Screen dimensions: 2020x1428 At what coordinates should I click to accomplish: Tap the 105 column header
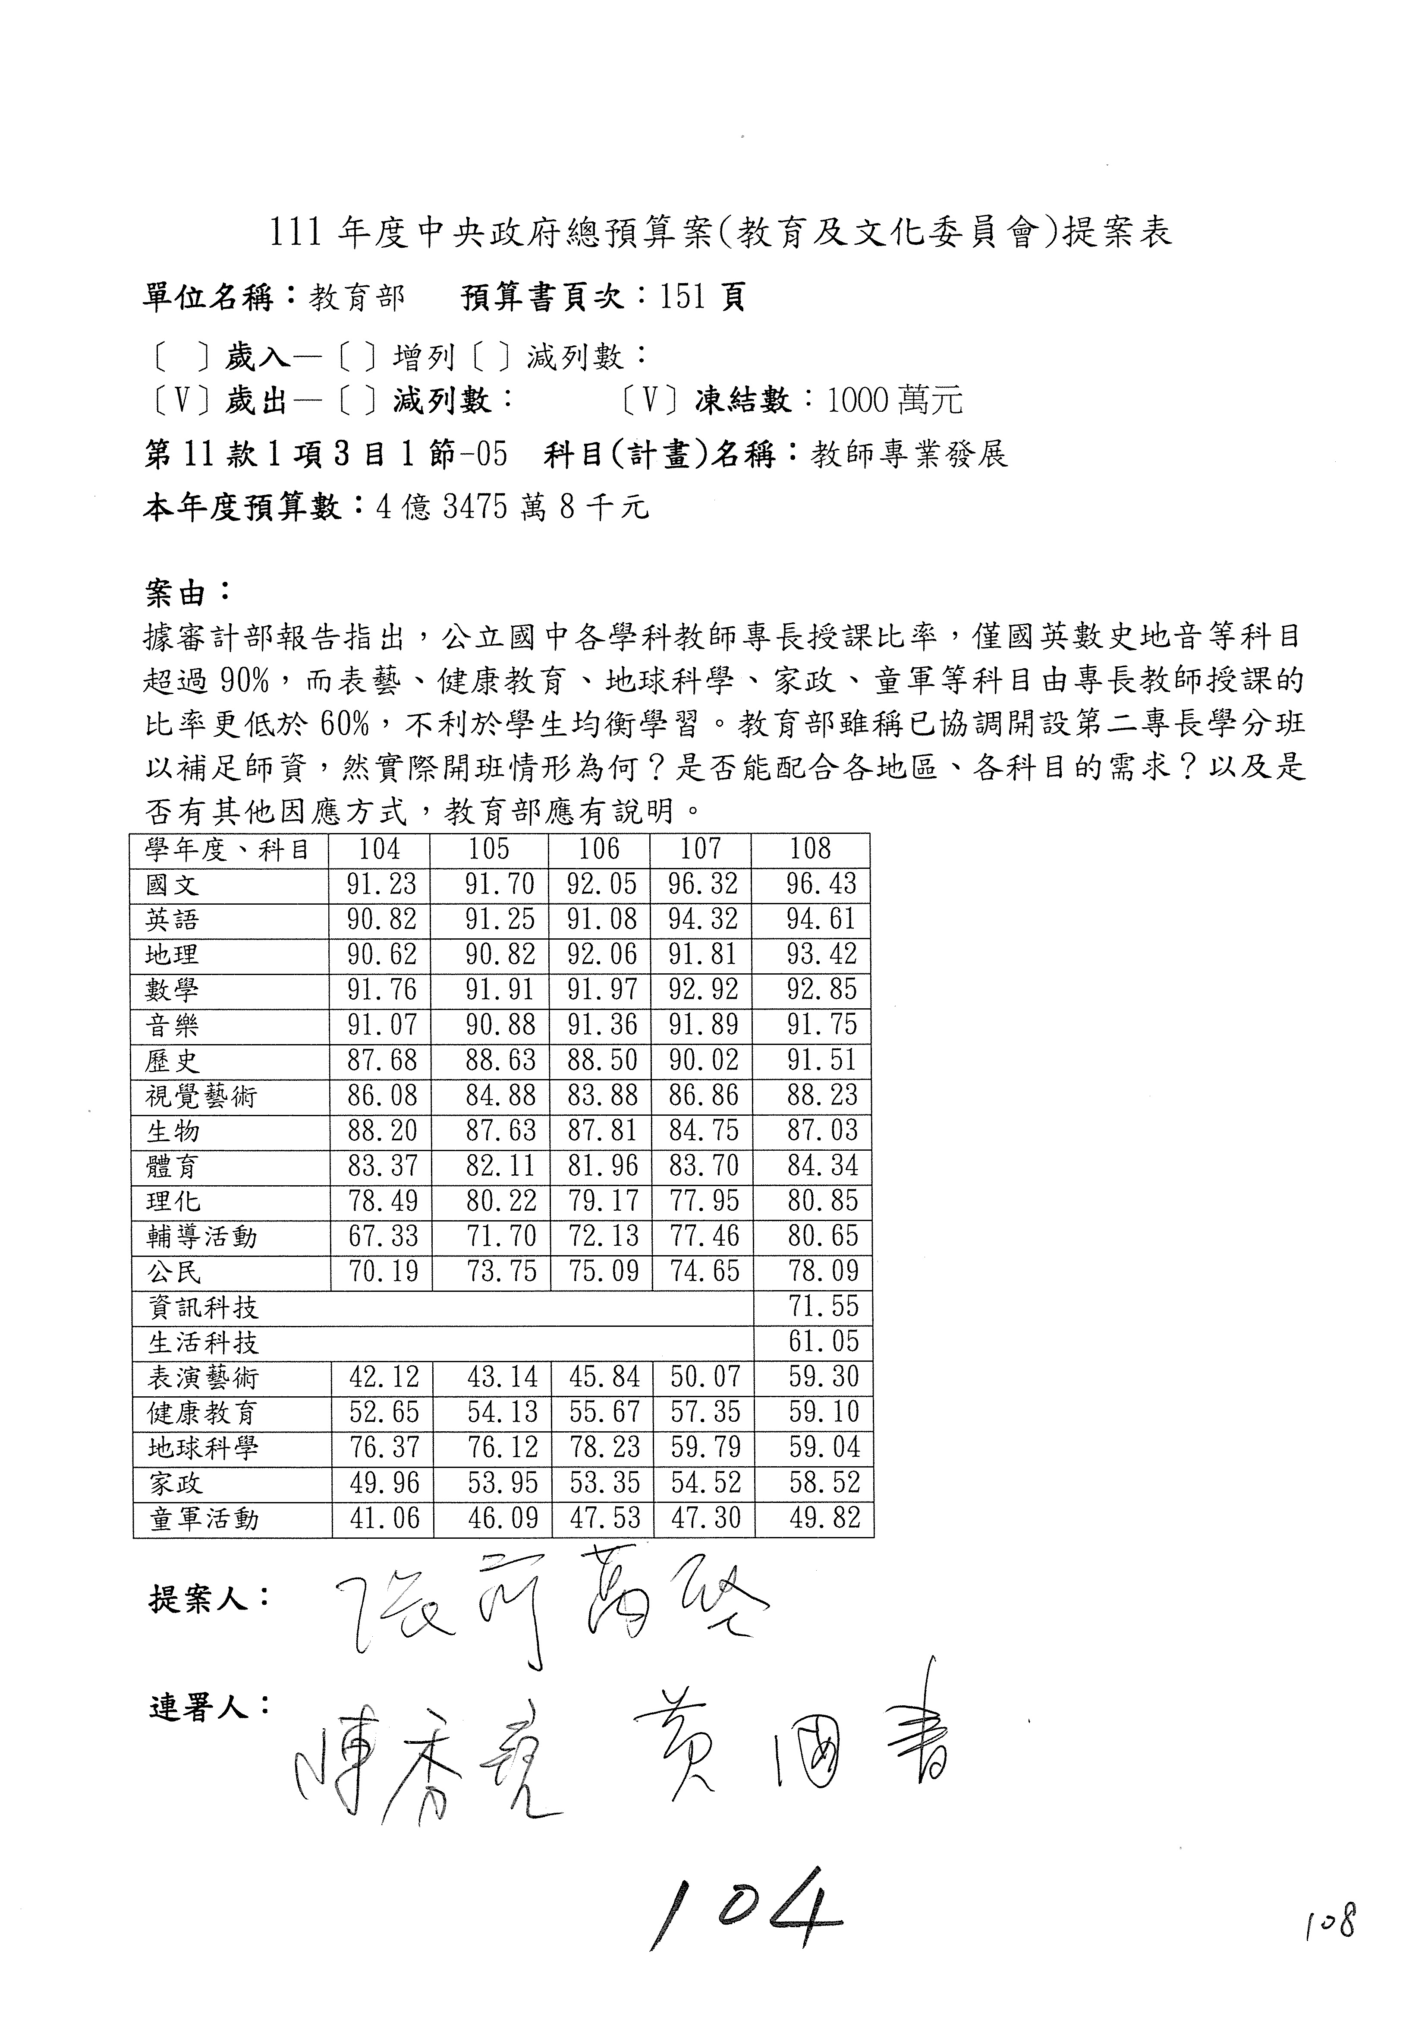(489, 849)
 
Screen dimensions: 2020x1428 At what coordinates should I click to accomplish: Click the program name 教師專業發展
(909, 455)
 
